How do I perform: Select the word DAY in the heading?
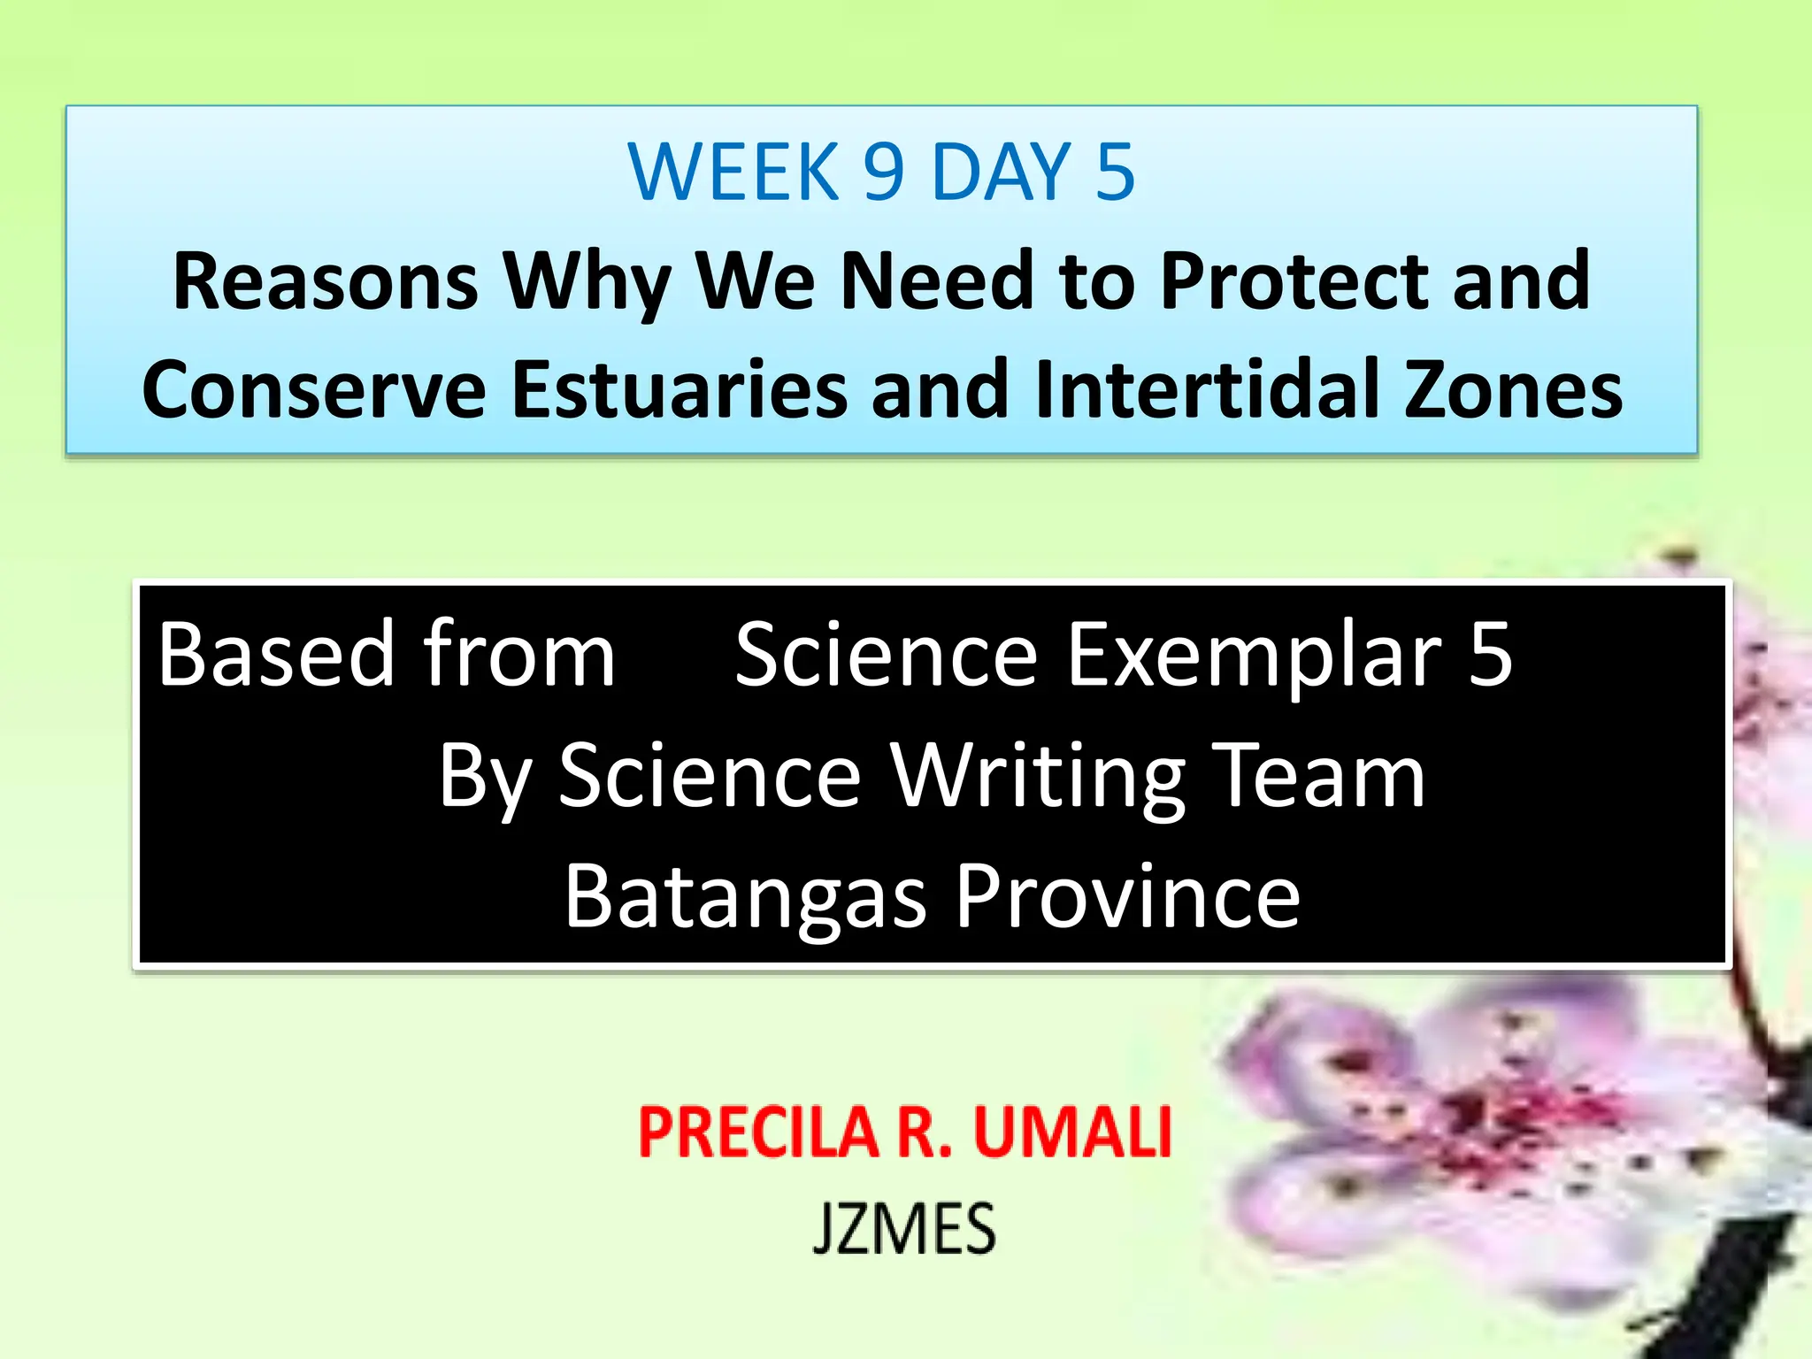[1002, 172]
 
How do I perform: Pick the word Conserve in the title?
[314, 389]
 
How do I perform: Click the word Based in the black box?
[276, 655]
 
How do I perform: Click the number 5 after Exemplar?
[1490, 655]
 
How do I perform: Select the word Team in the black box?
[1318, 776]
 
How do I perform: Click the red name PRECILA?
[757, 1132]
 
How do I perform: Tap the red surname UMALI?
[1072, 1132]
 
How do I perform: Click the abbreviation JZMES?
[904, 1228]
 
